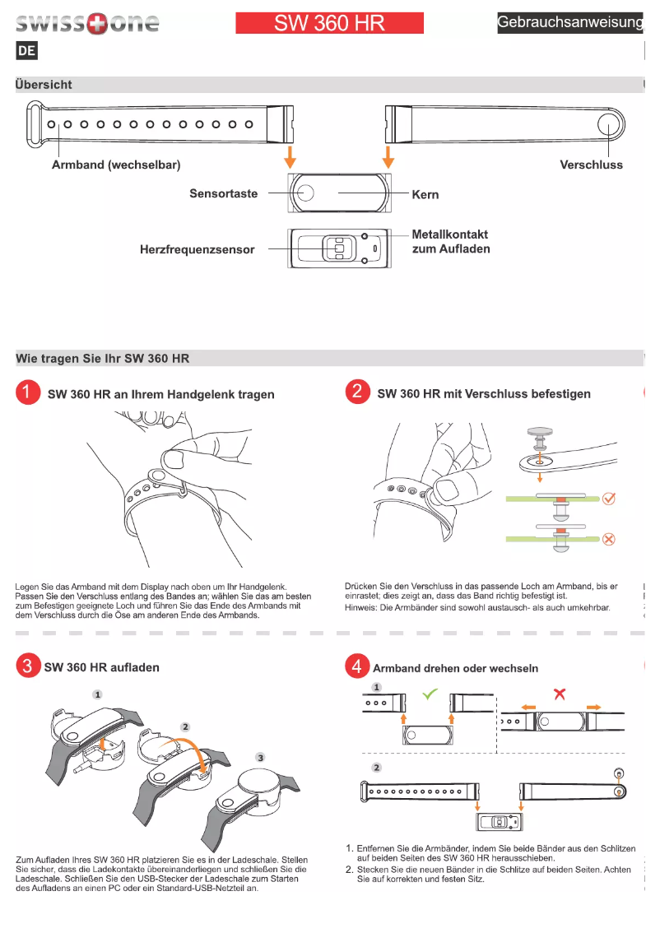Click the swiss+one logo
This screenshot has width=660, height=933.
[x=87, y=23]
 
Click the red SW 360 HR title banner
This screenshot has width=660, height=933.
[x=329, y=23]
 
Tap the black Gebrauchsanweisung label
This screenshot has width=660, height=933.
[x=569, y=23]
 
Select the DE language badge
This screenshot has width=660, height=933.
[x=26, y=51]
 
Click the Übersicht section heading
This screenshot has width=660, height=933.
[x=44, y=85]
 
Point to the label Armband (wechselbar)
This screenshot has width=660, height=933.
[x=116, y=165]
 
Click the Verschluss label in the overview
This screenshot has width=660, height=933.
[x=591, y=165]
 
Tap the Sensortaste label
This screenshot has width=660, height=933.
[x=223, y=194]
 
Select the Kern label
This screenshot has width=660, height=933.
[x=425, y=195]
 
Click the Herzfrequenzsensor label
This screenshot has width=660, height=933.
[x=197, y=249]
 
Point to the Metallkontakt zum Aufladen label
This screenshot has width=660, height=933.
[x=451, y=242]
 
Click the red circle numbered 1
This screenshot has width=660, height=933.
[x=27, y=392]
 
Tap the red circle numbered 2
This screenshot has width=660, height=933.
[x=357, y=392]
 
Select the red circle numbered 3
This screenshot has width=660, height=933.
[x=27, y=666]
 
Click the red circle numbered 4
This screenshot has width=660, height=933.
[x=357, y=666]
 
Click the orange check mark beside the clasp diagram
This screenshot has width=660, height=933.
[x=609, y=499]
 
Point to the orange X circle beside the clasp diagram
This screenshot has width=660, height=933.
[x=609, y=540]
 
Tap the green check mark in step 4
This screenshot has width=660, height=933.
[x=429, y=694]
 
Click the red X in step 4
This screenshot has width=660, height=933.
[x=560, y=694]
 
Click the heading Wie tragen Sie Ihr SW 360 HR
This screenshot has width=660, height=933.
[x=103, y=359]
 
